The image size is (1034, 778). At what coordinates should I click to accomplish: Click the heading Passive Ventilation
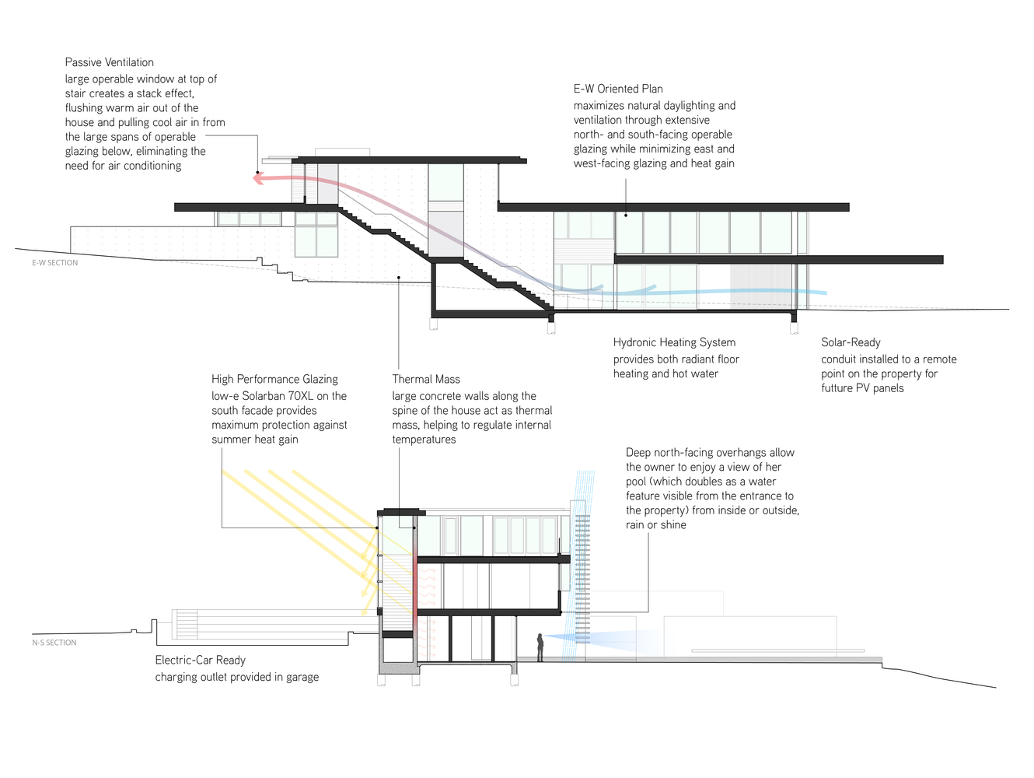coord(109,62)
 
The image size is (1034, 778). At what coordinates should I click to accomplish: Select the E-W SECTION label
coord(54,263)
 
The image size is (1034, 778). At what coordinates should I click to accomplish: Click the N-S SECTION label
coord(54,643)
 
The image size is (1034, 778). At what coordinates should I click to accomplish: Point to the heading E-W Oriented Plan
coord(618,89)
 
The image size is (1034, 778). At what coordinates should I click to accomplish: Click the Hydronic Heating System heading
coord(674,342)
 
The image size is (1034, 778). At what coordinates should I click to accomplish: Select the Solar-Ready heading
coord(851,342)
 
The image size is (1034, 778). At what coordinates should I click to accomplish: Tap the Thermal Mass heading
coord(426,379)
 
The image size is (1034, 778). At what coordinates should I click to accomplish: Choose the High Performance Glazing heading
coord(274,379)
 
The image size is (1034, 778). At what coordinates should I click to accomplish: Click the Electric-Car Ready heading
coord(200,660)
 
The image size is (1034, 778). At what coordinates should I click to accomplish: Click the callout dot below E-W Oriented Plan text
coord(627,214)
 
